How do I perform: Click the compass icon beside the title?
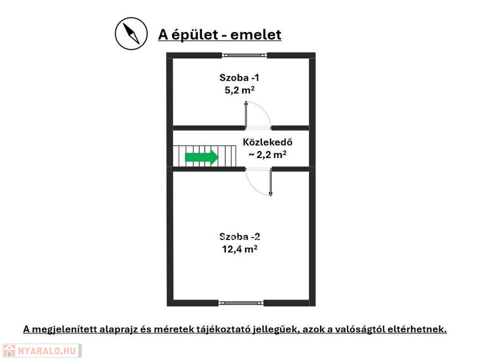(131, 34)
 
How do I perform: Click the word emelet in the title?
(255, 35)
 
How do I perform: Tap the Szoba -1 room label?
(240, 78)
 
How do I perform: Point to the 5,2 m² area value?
(240, 90)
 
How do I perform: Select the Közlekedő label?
(268, 142)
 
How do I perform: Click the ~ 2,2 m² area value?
(268, 155)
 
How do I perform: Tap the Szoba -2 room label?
(240, 237)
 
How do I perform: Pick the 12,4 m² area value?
(240, 249)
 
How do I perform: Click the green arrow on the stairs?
(202, 157)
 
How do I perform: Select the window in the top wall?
(244, 55)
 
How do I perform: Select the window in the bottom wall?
(241, 303)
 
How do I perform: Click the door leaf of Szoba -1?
(246, 115)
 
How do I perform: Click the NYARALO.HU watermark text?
(47, 351)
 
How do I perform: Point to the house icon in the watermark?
(9, 351)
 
